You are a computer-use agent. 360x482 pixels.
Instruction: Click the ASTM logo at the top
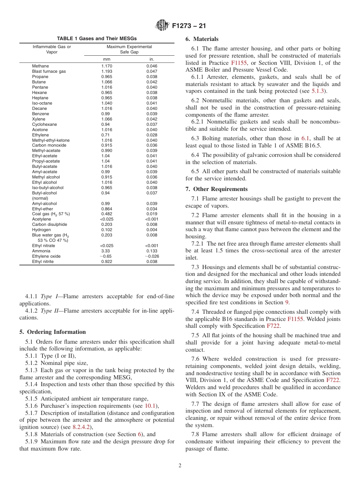162,26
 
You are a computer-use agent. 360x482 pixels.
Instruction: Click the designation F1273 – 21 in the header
188,26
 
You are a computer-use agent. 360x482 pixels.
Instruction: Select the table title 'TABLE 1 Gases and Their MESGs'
97,39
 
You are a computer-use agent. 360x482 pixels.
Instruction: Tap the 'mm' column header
106,59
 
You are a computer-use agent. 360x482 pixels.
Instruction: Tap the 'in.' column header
152,59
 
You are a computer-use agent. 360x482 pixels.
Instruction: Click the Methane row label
40,66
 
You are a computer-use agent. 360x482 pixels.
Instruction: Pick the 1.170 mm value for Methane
106,66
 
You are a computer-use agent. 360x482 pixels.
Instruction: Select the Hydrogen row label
41,230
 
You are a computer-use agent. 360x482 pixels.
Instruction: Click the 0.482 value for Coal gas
106,214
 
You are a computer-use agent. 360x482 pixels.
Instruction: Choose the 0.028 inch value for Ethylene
152,135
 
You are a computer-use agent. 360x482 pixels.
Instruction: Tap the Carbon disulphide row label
49,224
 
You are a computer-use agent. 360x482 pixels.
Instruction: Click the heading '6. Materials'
202,39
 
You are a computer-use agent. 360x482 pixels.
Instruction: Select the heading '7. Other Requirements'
216,189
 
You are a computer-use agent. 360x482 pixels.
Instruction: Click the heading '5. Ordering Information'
53,332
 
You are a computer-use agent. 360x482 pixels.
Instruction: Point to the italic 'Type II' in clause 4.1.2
49,311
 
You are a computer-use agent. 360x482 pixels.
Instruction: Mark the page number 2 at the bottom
180,466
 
